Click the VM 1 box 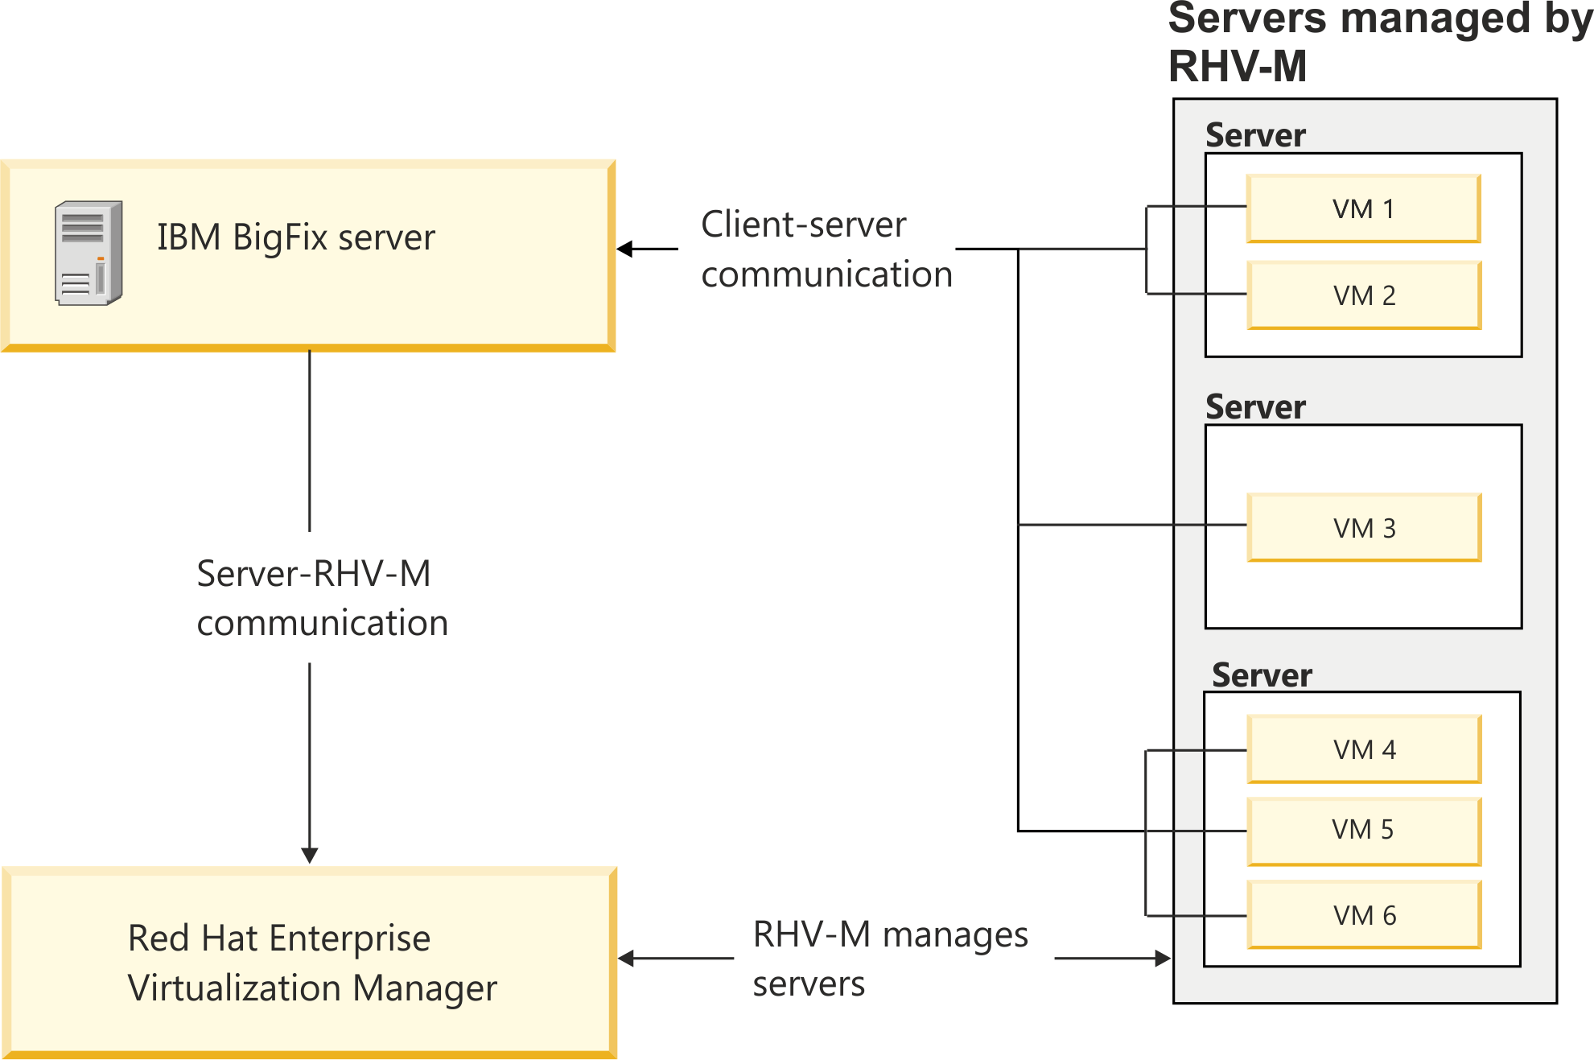click(1363, 208)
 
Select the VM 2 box click(1364, 295)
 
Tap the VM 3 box click(1364, 528)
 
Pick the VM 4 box click(1364, 749)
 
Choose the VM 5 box click(1364, 830)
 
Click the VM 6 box click(1364, 915)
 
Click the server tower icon click(89, 253)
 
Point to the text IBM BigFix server click(295, 237)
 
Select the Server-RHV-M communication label click(321, 597)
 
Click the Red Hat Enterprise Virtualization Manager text click(311, 963)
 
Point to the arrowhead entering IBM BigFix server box click(624, 249)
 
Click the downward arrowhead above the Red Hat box click(310, 856)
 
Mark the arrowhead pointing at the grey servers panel click(1164, 958)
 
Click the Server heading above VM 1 click(1255, 135)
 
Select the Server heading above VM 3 click(1255, 407)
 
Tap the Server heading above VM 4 click(1262, 675)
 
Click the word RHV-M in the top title click(1237, 66)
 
